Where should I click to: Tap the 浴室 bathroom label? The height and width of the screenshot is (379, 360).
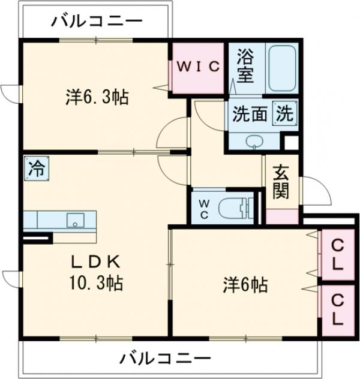(x=245, y=66)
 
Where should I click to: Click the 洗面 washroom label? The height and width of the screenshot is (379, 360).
(x=250, y=114)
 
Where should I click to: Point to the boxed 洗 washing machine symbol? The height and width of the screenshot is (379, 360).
(x=284, y=113)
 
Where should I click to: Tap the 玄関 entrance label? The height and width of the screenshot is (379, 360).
(x=281, y=181)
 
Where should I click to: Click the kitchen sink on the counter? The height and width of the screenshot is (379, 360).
(x=76, y=219)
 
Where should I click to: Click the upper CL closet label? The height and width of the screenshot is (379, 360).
(x=338, y=254)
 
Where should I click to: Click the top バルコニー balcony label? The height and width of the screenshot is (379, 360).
(x=96, y=22)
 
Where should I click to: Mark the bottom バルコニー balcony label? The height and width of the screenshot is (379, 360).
(x=164, y=359)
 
